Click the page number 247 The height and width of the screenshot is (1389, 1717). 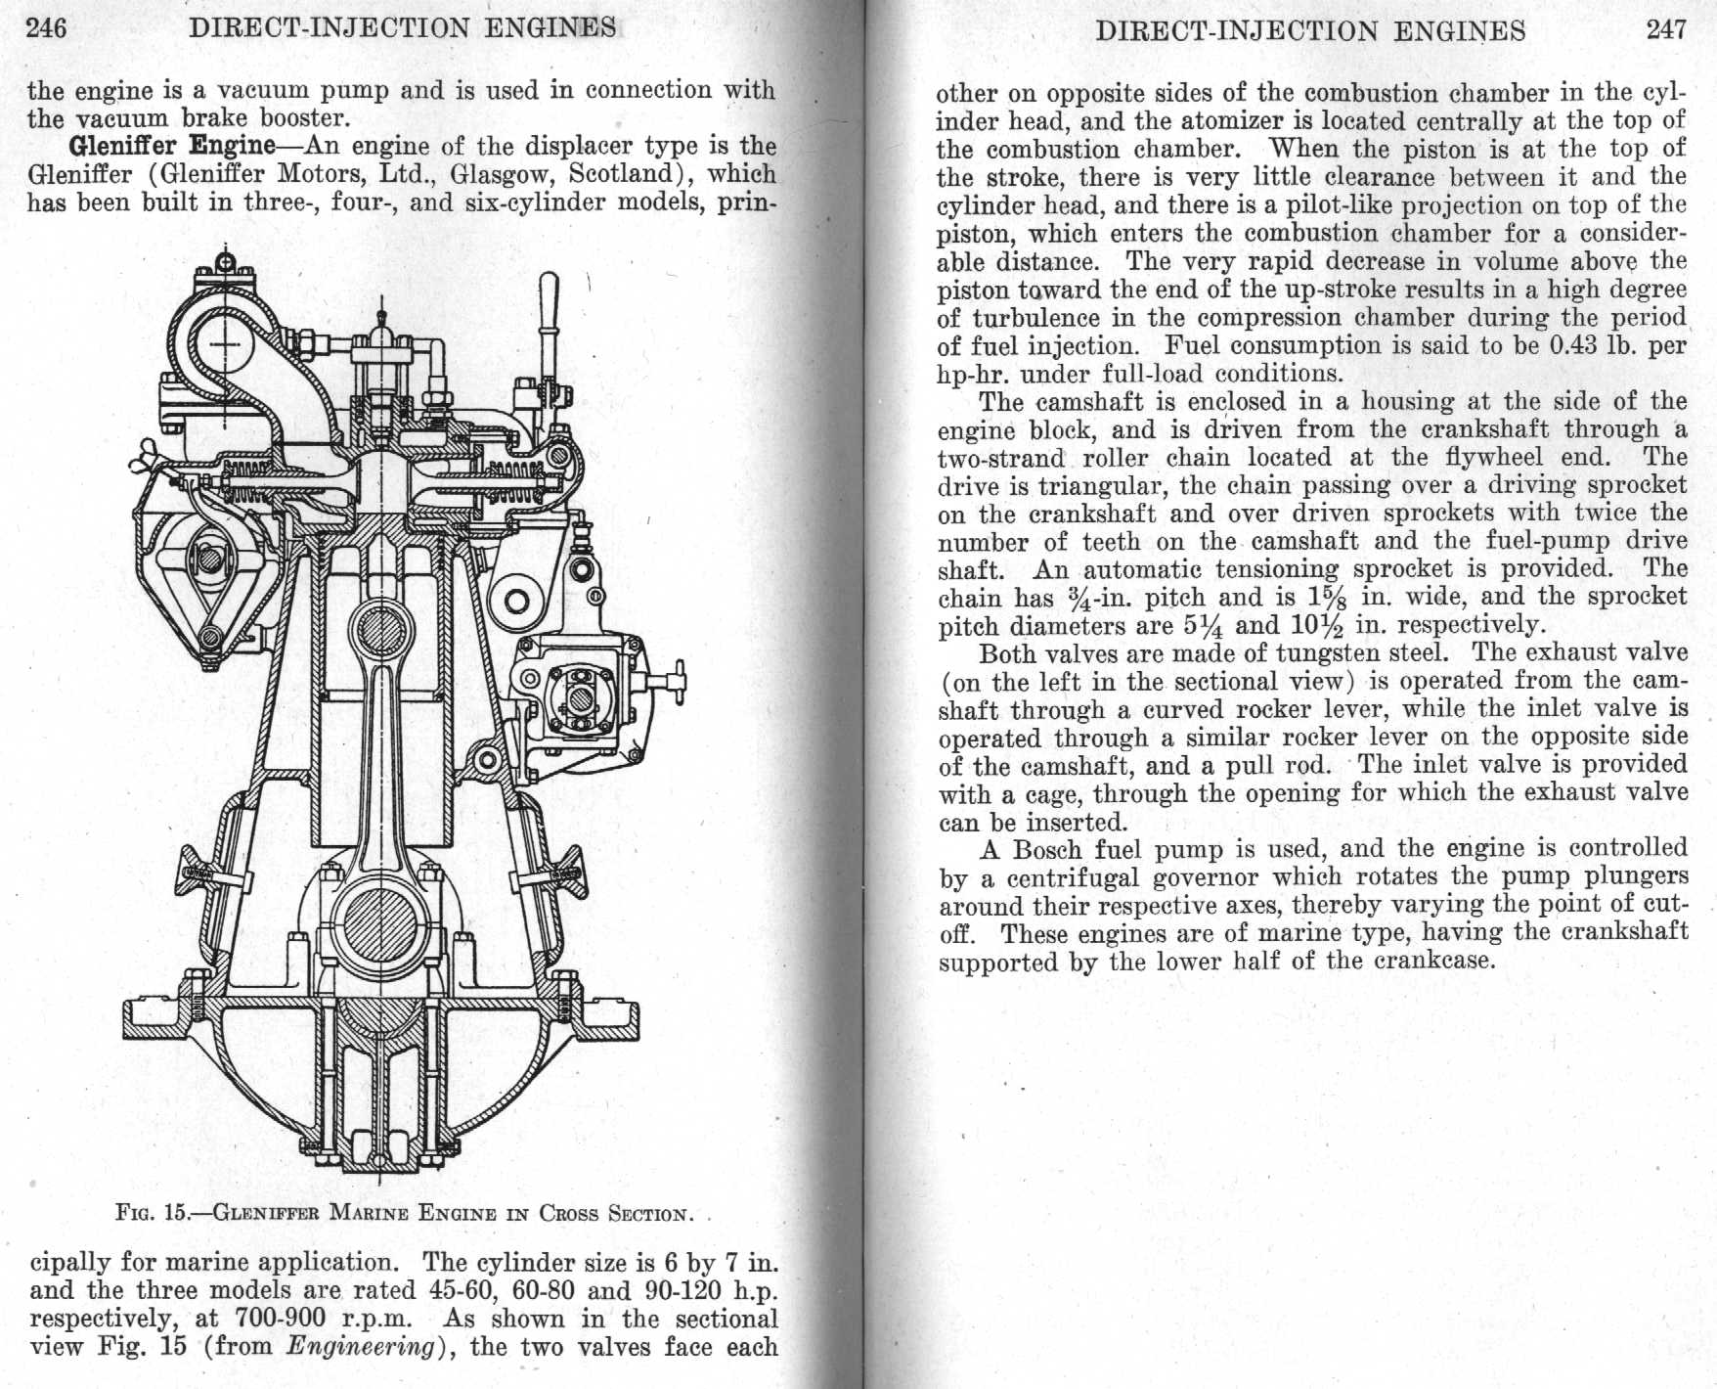tap(1666, 29)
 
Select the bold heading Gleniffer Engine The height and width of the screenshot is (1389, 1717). tap(172, 147)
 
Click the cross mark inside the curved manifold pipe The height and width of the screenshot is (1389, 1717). tap(227, 344)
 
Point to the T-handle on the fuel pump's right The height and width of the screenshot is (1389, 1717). tap(677, 678)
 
